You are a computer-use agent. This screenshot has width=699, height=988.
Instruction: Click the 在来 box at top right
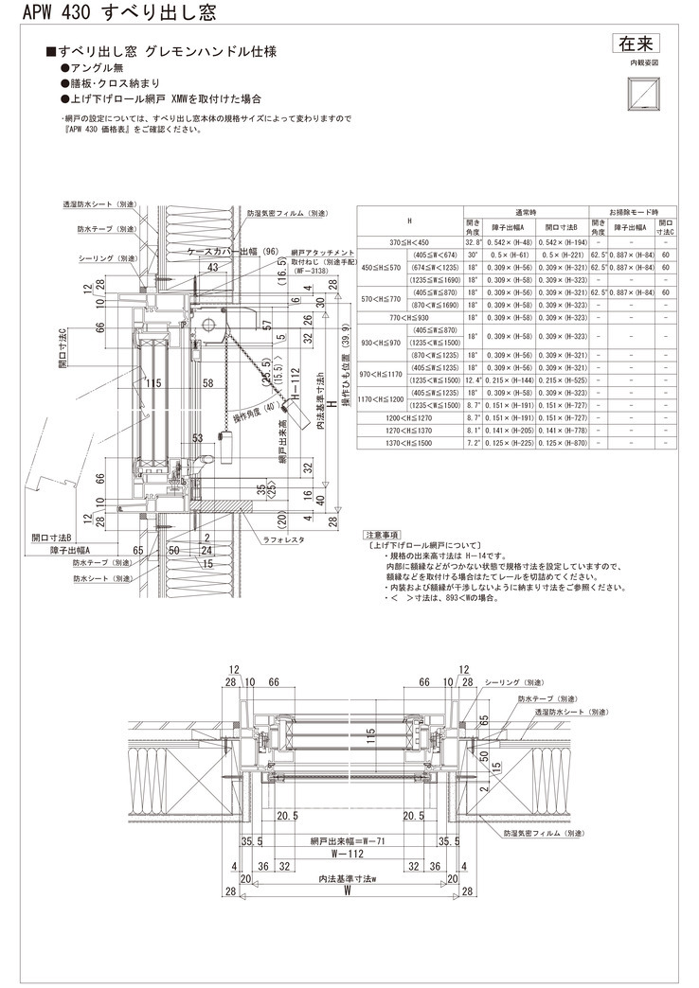[636, 44]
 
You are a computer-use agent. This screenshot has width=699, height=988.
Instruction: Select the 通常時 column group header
[527, 212]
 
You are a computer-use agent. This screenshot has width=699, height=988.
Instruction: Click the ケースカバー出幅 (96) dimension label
[232, 252]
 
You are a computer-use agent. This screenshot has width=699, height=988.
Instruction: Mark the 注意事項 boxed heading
[383, 535]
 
